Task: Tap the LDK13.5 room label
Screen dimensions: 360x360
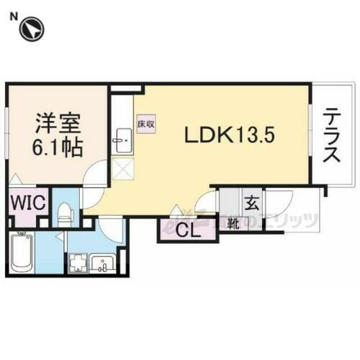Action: point(230,134)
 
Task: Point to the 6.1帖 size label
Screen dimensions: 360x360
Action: point(55,148)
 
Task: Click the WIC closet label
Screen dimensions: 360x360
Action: point(27,201)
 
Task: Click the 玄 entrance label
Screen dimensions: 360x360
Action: point(252,202)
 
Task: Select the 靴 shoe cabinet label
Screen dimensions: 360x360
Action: point(233,223)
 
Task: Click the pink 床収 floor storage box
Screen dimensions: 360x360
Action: point(145,124)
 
